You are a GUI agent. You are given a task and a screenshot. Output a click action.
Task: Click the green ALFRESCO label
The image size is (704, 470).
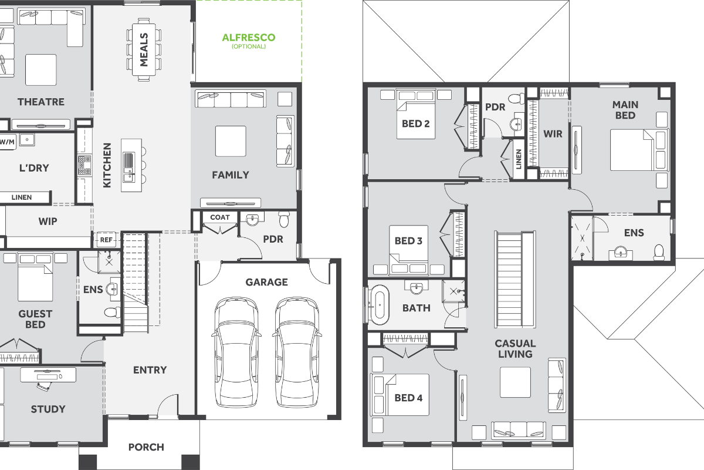[x=249, y=38]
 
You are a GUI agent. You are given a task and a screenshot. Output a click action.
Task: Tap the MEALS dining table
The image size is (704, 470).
[x=144, y=50]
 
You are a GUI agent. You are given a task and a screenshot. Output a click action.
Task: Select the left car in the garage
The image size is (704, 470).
[x=236, y=352]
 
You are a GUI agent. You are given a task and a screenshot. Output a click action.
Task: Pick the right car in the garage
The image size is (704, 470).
[x=297, y=352]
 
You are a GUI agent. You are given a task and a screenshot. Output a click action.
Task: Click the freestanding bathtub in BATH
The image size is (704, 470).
[x=380, y=305]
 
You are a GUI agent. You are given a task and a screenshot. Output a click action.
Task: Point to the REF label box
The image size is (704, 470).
[x=106, y=240]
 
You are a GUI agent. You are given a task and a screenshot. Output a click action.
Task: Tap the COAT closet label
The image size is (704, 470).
[x=220, y=217]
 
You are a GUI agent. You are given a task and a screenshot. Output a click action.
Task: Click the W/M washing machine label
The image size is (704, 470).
[x=7, y=142]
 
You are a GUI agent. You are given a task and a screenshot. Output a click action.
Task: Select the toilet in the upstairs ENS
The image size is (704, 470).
[x=659, y=253]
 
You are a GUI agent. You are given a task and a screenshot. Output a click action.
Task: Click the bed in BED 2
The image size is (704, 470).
[x=416, y=115]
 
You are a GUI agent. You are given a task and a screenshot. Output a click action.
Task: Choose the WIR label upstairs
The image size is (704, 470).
[x=553, y=134]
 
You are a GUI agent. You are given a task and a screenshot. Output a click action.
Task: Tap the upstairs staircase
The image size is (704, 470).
[x=515, y=280]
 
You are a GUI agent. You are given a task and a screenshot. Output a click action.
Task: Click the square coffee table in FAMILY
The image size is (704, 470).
[x=231, y=141]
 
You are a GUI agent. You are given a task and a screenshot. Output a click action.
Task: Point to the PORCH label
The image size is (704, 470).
[x=146, y=447]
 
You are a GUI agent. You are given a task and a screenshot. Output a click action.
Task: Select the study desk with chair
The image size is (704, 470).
[x=48, y=378]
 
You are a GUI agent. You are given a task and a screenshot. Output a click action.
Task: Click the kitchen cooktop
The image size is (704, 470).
[x=84, y=165]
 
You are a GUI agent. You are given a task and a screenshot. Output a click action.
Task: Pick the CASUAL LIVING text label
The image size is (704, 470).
[x=515, y=349]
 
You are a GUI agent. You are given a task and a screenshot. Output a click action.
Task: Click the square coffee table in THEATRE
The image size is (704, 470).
[x=41, y=69]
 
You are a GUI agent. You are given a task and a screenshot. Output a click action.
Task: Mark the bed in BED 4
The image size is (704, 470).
[x=400, y=395]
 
